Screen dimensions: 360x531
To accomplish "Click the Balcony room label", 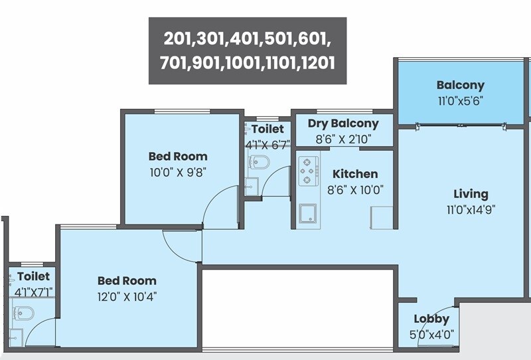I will tap(460, 85).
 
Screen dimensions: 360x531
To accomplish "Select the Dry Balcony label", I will tap(342, 124).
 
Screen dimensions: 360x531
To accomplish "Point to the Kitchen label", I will tap(355, 174).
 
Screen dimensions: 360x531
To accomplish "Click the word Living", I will tap(471, 194).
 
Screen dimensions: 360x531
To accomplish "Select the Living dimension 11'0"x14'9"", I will tap(471, 209).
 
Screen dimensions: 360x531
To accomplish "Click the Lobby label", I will tap(431, 319).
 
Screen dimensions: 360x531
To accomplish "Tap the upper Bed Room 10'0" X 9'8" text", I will tap(177, 172).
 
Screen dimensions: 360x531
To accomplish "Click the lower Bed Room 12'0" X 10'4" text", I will tap(127, 296).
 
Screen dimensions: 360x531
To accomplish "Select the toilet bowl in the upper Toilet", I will tap(260, 162).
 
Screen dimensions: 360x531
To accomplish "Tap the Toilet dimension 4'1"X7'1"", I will tap(33, 292).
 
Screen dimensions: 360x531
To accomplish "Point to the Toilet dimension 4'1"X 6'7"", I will tap(267, 144).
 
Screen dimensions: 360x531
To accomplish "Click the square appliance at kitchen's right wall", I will tap(382, 217).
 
